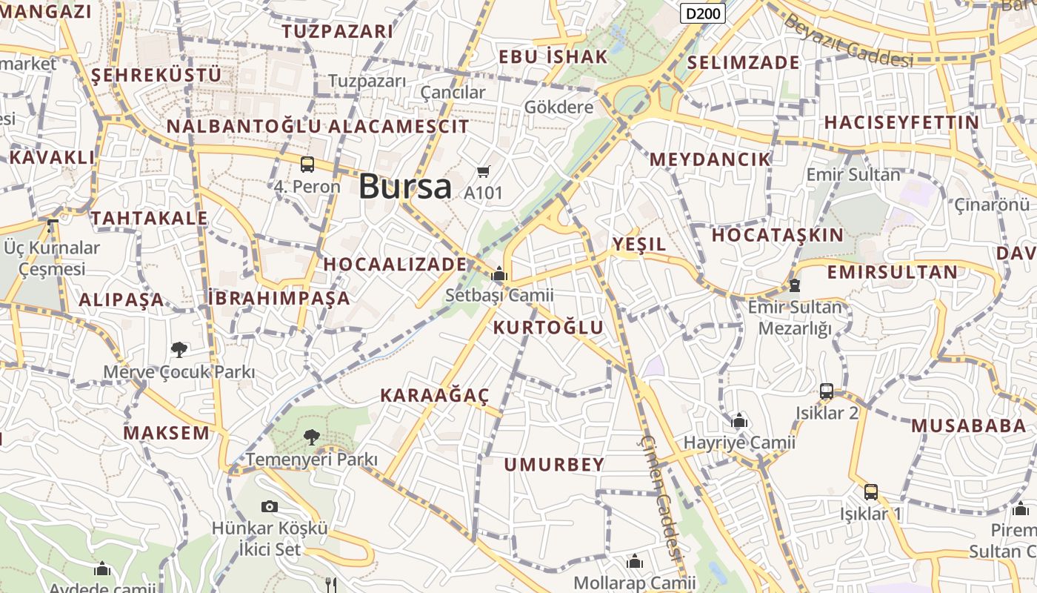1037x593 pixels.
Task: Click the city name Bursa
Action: click(404, 185)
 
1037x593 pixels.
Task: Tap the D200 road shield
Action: click(702, 13)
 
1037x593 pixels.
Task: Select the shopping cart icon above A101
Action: click(483, 172)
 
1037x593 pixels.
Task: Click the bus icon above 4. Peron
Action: click(307, 165)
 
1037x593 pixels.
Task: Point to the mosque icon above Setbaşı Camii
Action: click(499, 274)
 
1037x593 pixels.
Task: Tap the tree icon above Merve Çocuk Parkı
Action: click(179, 349)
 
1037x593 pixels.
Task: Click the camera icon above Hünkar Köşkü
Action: click(270, 506)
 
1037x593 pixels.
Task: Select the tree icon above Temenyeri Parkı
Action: click(312, 437)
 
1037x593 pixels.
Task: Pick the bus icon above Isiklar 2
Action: click(827, 391)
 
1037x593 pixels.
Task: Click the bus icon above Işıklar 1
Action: click(871, 491)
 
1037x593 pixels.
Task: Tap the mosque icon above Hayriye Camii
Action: click(739, 421)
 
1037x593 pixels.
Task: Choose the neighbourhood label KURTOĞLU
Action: click(548, 328)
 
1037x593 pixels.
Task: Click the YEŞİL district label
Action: click(638, 244)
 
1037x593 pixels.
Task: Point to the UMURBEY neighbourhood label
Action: click(554, 465)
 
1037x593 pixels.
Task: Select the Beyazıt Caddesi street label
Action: click(848, 42)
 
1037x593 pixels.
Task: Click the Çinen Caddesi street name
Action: click(660, 497)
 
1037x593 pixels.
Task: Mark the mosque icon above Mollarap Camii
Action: click(634, 561)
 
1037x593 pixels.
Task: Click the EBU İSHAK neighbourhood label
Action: click(553, 56)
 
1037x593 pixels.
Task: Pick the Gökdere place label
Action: click(558, 107)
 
